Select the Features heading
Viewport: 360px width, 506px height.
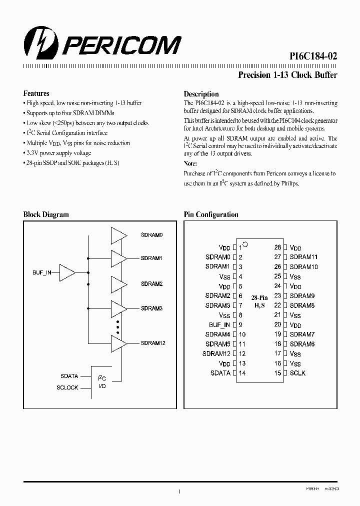[x=36, y=93]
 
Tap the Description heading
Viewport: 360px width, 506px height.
[x=201, y=94]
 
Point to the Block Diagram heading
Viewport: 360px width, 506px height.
[x=46, y=214]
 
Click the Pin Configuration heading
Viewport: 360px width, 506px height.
[x=211, y=214]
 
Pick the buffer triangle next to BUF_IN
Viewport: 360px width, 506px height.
[x=67, y=273]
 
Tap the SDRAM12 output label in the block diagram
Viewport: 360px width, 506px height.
[x=153, y=343]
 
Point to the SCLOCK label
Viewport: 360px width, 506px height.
[x=67, y=388]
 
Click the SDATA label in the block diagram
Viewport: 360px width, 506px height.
[x=69, y=375]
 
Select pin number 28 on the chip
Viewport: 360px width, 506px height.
[x=277, y=247]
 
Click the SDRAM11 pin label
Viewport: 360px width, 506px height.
[x=303, y=257]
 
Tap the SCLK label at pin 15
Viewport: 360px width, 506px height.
[x=297, y=373]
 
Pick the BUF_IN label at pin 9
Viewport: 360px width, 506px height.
[x=219, y=324]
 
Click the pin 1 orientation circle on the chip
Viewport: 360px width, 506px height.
[x=245, y=245]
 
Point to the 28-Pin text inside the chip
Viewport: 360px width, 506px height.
[x=259, y=298]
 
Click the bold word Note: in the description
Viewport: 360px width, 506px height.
[x=190, y=163]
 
